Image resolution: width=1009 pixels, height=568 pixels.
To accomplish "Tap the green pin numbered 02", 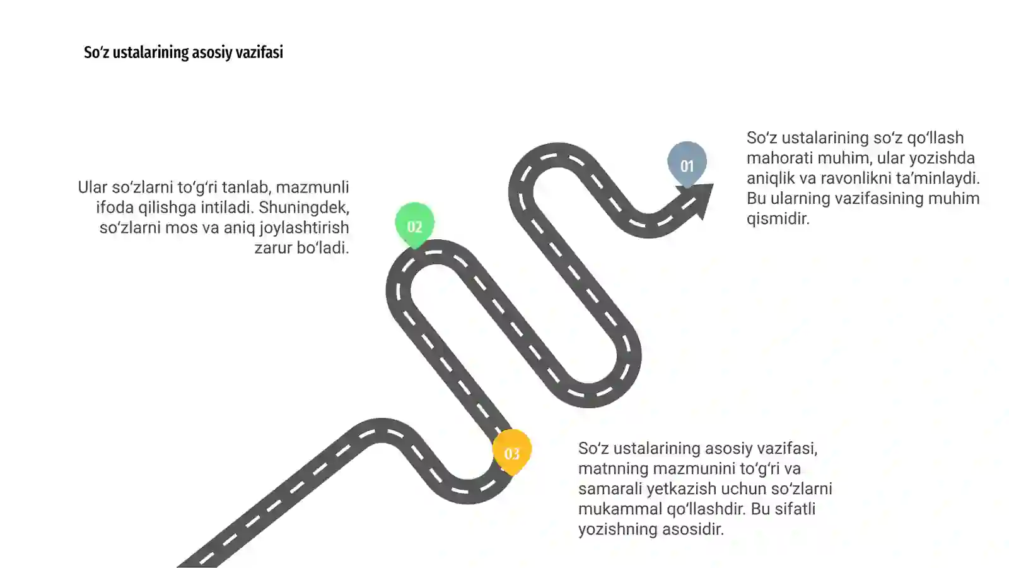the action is click(x=414, y=225).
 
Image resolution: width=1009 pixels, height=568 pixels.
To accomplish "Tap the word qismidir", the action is click(x=778, y=219).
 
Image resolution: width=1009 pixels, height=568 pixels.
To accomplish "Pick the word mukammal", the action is click(x=621, y=509).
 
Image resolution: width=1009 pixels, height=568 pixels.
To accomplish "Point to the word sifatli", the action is click(x=795, y=509).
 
